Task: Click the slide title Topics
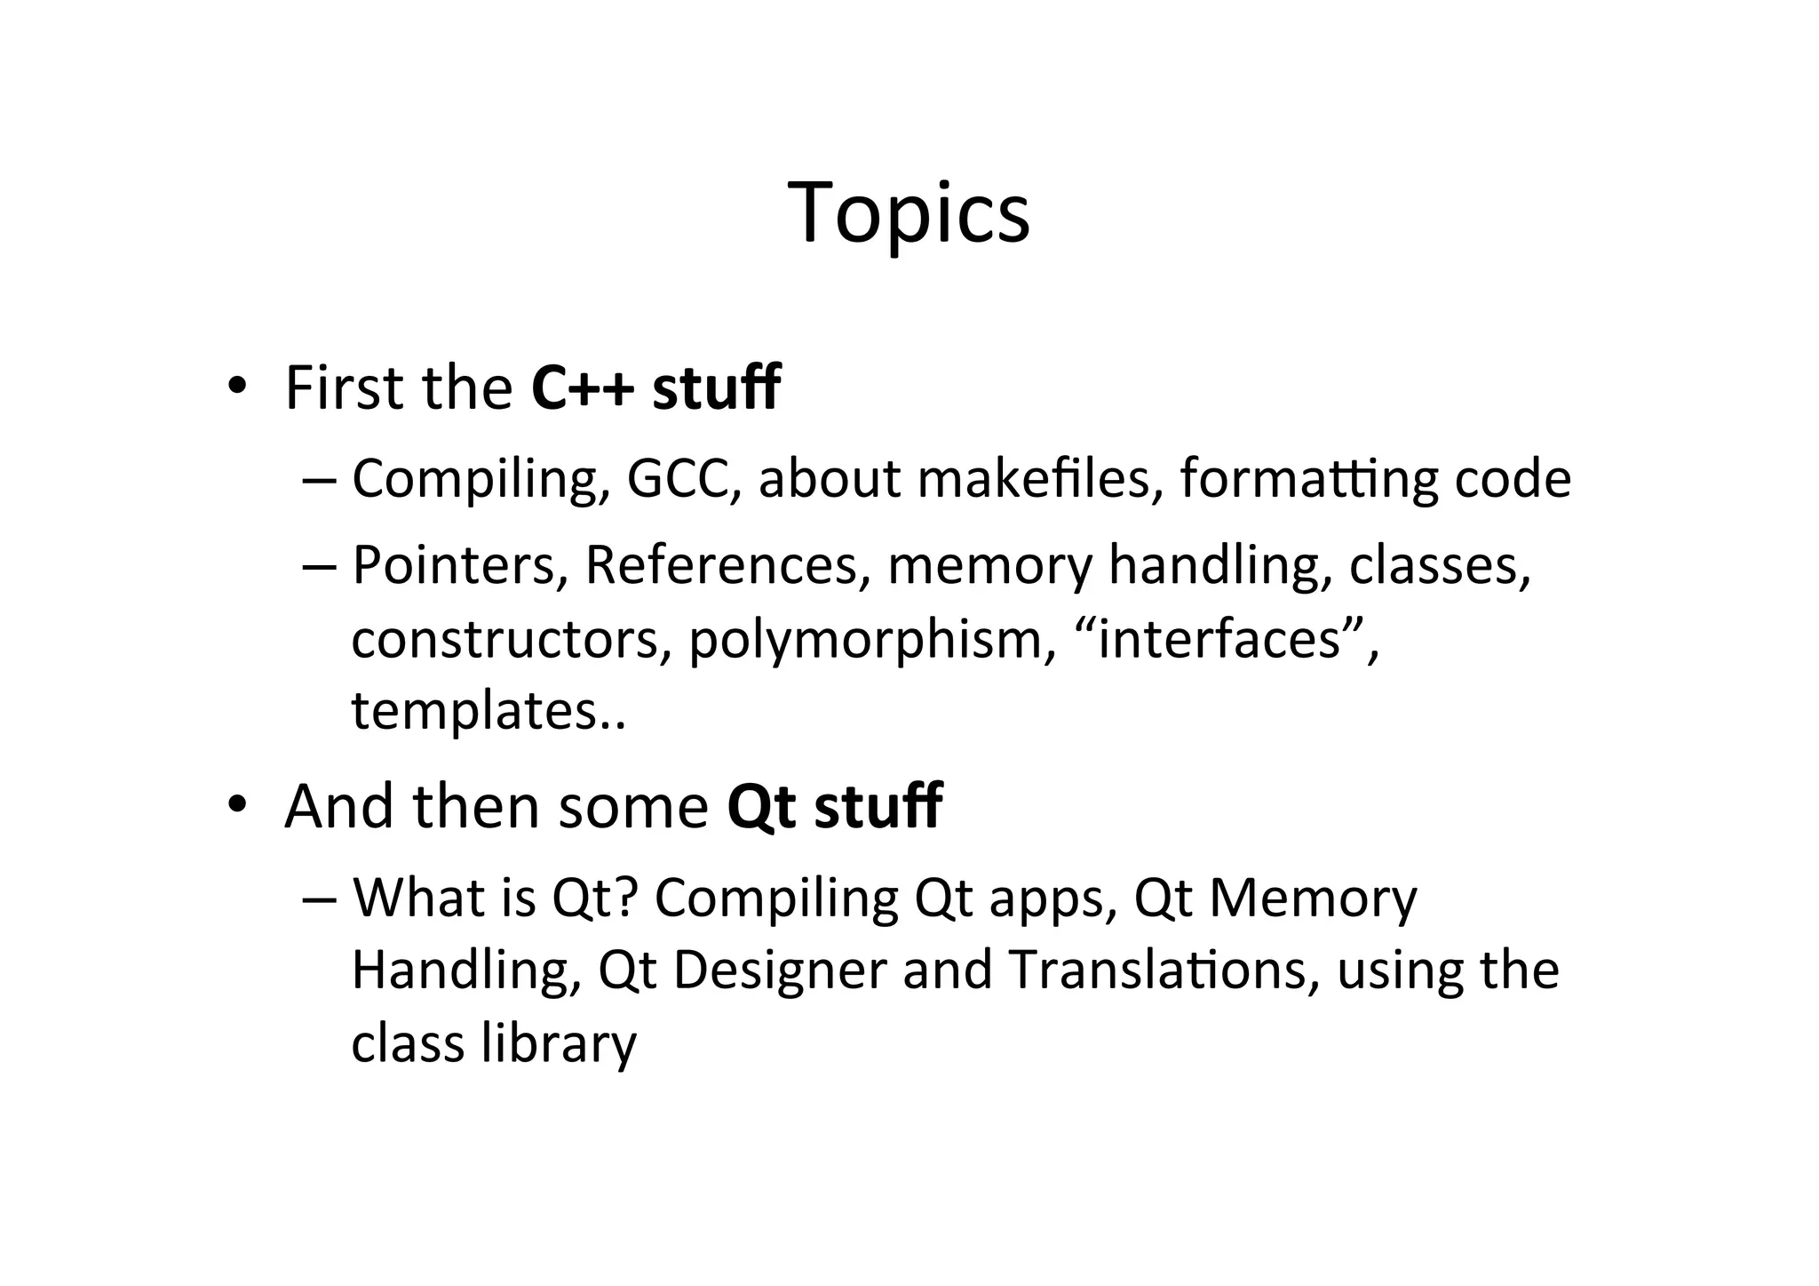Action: pyautogui.click(x=908, y=213)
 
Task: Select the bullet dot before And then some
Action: pyautogui.click(x=235, y=805)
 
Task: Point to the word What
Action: pyautogui.click(x=417, y=898)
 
